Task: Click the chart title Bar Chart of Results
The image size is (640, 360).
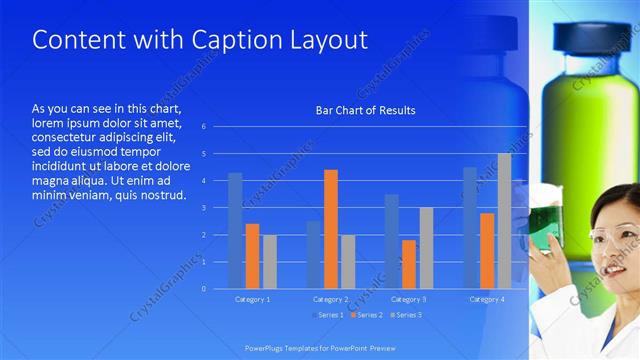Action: [365, 110]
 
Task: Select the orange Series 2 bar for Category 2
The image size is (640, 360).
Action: [330, 229]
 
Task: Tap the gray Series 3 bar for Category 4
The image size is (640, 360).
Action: [505, 221]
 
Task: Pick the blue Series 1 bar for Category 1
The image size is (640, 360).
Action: [235, 230]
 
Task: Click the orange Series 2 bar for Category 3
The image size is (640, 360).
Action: [409, 264]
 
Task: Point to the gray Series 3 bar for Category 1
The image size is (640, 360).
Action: [270, 261]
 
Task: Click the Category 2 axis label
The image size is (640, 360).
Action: [330, 299]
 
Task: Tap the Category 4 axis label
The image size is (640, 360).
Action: [487, 299]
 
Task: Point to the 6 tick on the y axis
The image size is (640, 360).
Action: [203, 127]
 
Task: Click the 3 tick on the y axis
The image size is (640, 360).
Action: [203, 208]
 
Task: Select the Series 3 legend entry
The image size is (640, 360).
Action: [405, 315]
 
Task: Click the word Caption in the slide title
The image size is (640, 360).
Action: [209, 40]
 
